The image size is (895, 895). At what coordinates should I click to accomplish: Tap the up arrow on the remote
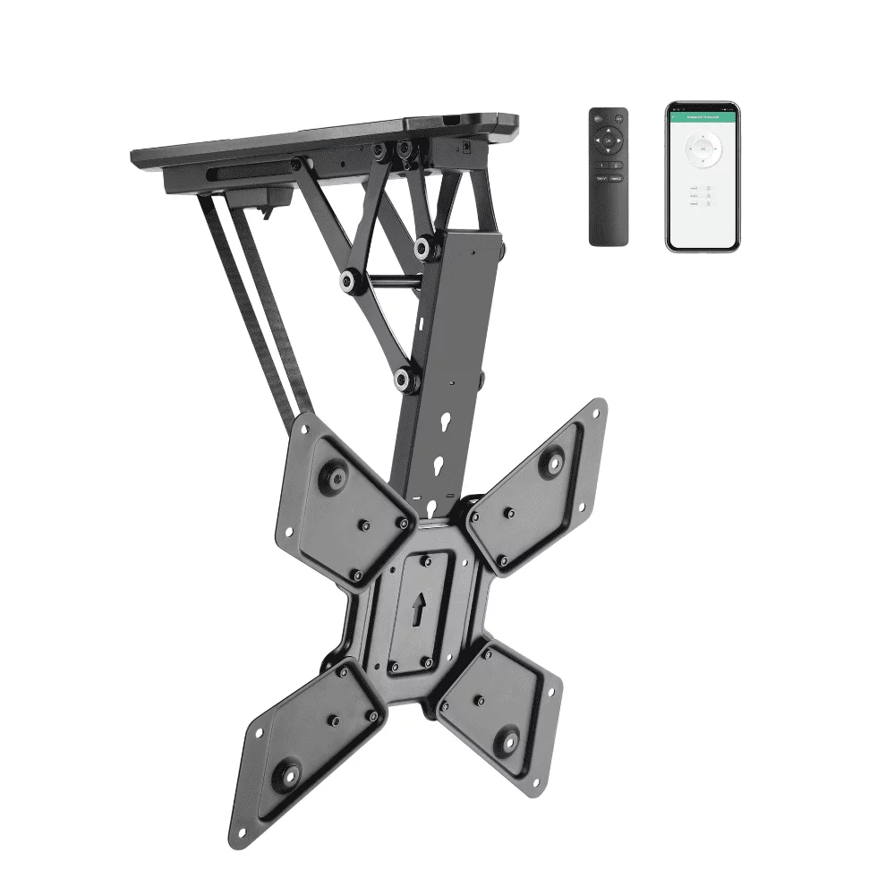click(x=609, y=131)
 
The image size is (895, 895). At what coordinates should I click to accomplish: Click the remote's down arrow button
click(x=609, y=151)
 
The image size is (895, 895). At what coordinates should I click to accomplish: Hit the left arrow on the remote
click(x=599, y=141)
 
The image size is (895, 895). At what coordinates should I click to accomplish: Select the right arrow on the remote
click(x=619, y=141)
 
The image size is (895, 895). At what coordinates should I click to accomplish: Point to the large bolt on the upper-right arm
click(x=552, y=463)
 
